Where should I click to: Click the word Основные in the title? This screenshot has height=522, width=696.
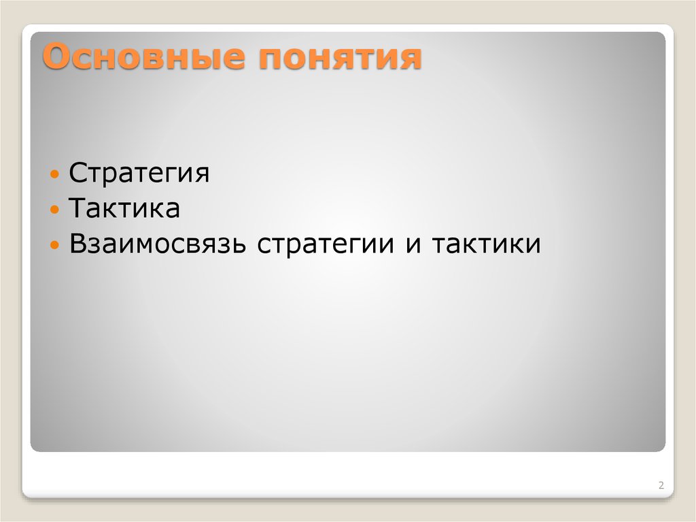tap(142, 57)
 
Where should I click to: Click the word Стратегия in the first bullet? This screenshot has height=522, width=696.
tap(139, 173)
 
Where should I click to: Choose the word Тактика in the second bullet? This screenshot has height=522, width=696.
tap(124, 208)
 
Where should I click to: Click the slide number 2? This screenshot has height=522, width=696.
tap(661, 486)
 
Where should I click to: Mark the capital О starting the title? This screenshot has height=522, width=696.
tap(57, 57)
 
